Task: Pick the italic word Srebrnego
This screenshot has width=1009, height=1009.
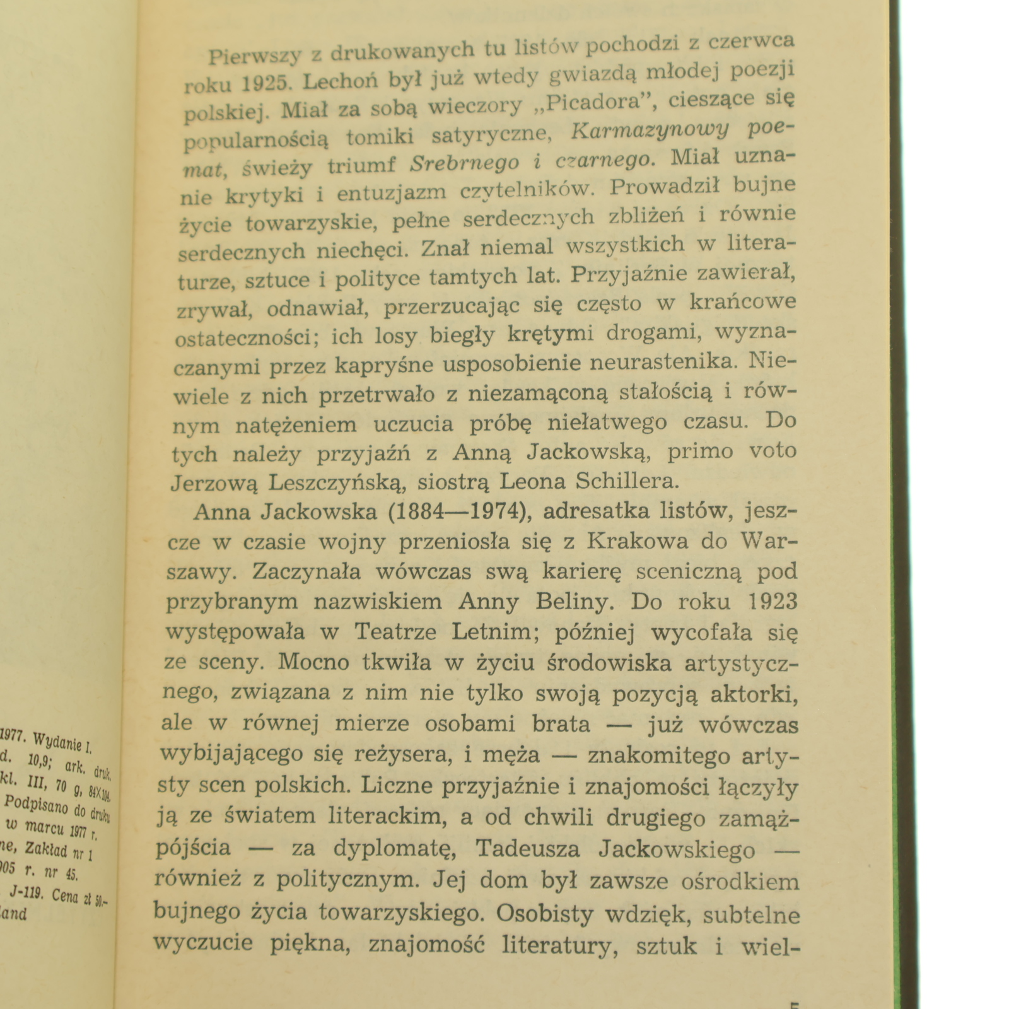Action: click(465, 163)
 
